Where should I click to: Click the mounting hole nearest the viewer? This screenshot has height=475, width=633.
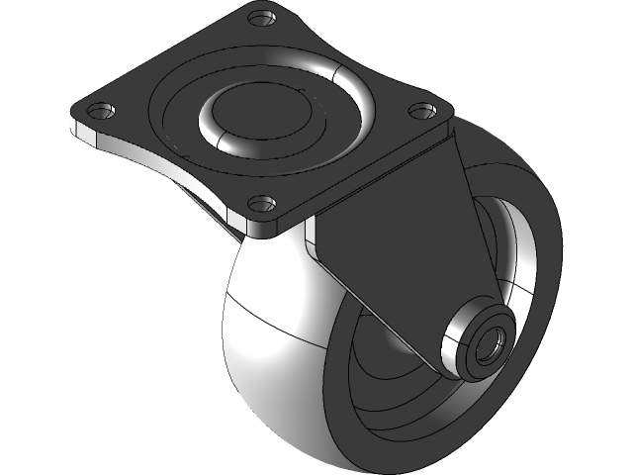point(260,205)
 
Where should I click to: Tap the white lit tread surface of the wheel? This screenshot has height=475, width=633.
point(267,336)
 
